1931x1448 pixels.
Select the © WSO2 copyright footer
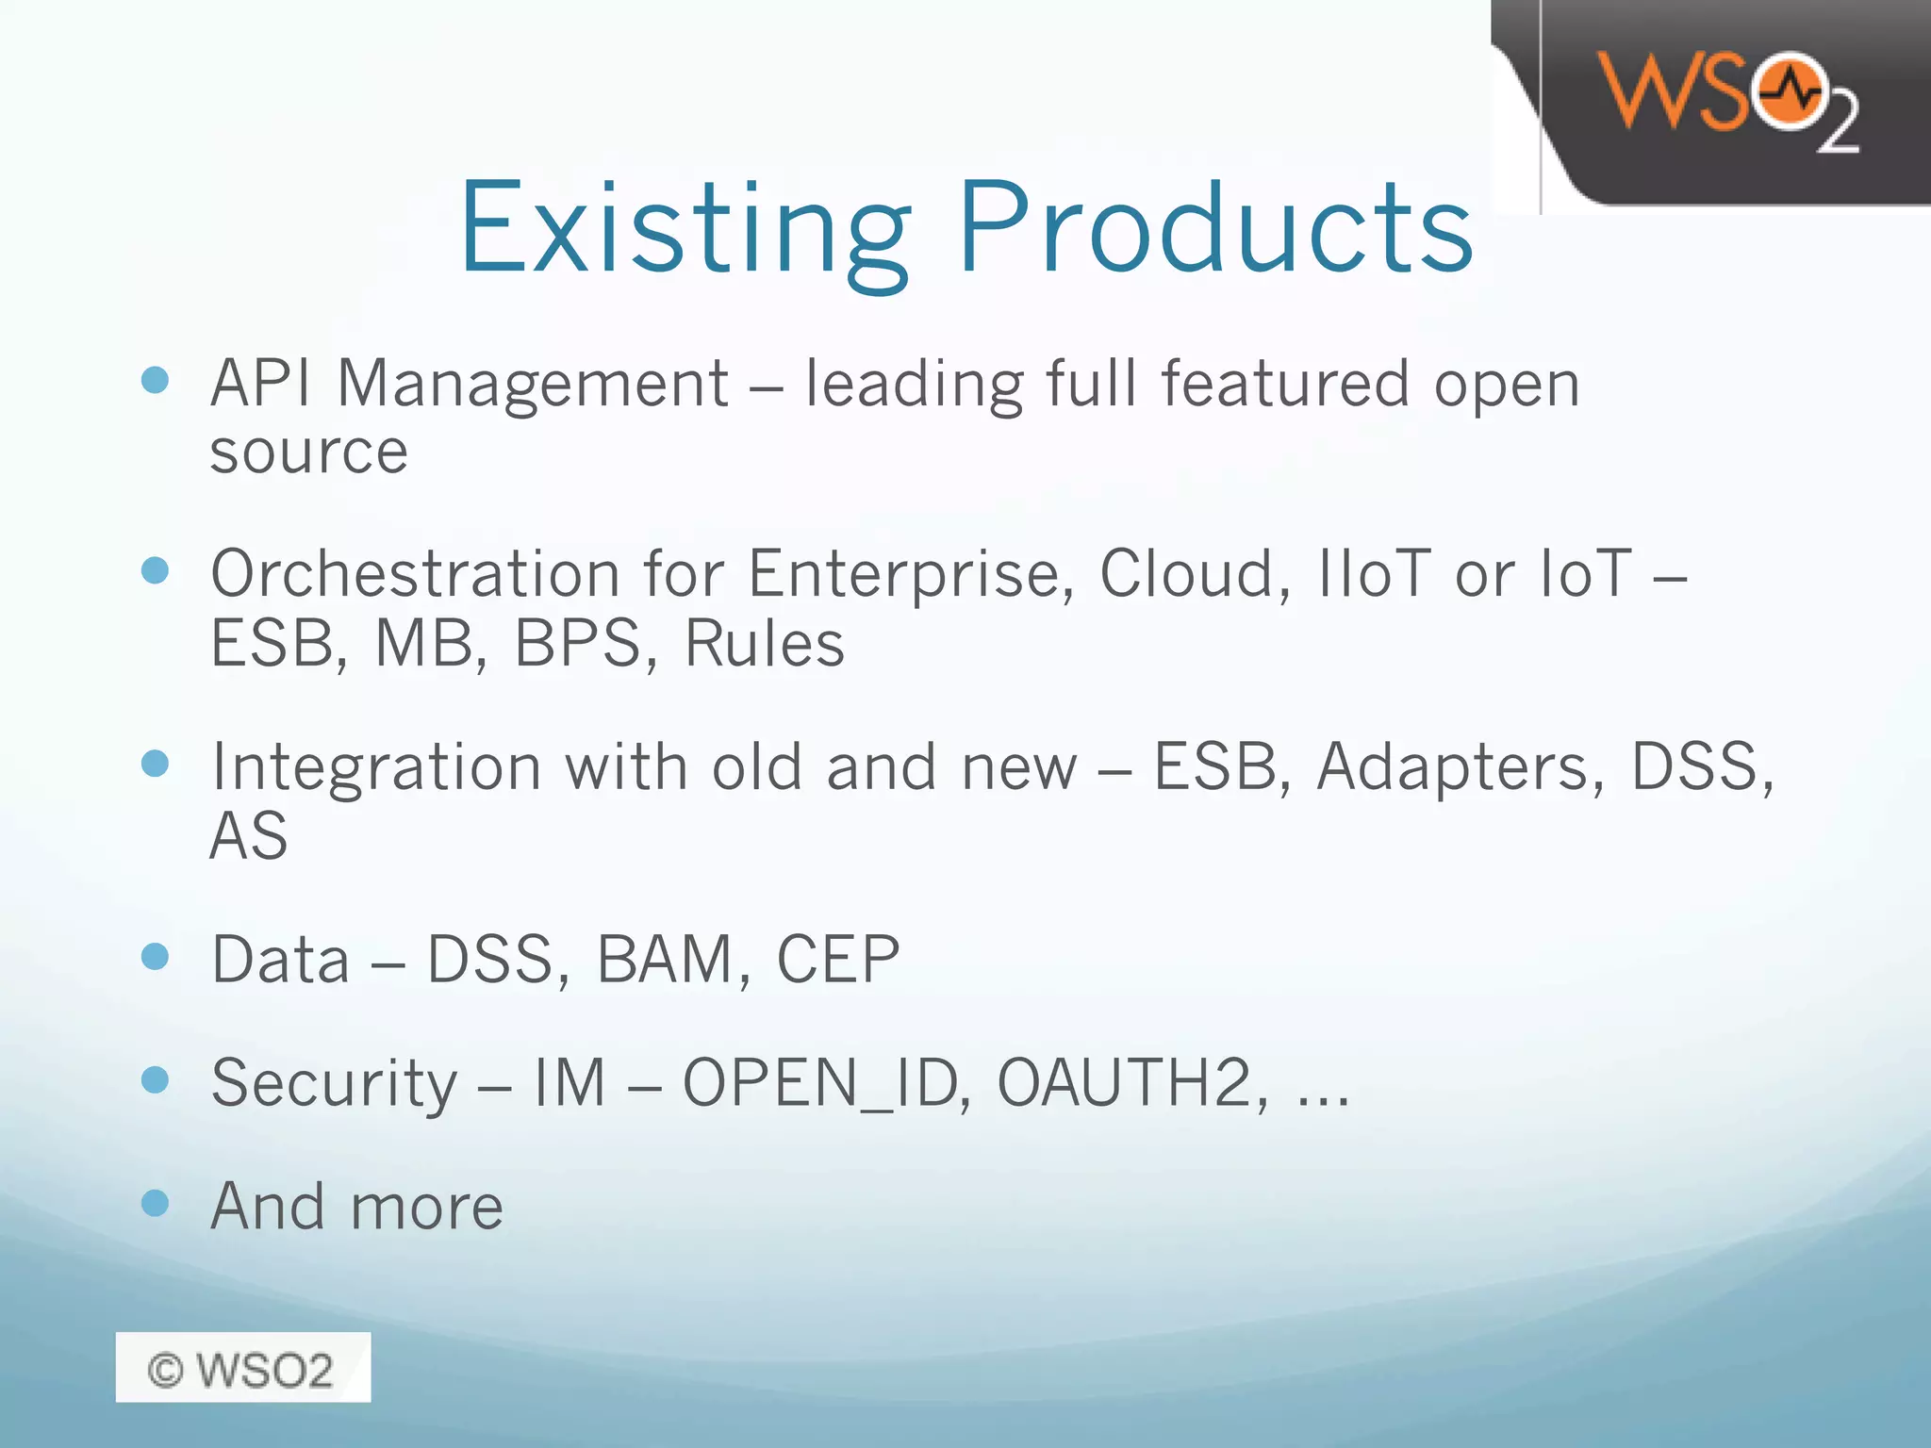(242, 1368)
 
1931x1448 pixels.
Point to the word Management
(533, 385)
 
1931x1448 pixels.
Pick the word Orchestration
(415, 574)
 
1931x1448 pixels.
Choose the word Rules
(764, 644)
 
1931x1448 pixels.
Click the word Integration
(376, 767)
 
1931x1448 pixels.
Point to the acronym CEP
(837, 960)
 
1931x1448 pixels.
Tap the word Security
(334, 1083)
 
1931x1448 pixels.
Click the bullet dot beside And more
(155, 1203)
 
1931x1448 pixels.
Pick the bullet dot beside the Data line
(155, 957)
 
